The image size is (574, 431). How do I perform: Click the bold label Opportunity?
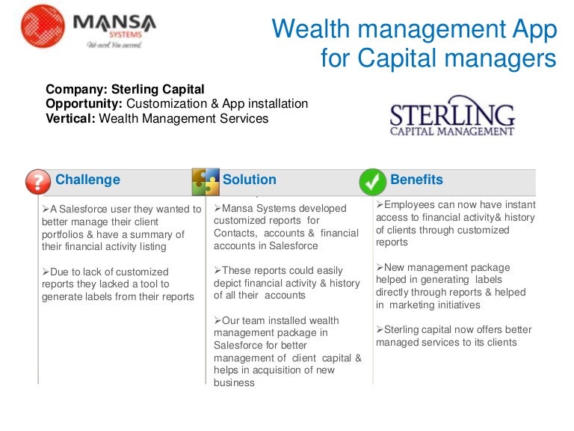[84, 104]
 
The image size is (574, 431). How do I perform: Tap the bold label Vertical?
[70, 118]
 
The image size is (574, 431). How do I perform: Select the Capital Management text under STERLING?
[452, 132]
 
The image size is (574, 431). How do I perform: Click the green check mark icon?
[372, 181]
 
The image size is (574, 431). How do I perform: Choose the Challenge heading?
[87, 180]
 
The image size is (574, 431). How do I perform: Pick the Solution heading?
[249, 180]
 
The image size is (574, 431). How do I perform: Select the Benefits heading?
[416, 180]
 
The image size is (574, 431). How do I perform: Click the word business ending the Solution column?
[234, 382]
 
